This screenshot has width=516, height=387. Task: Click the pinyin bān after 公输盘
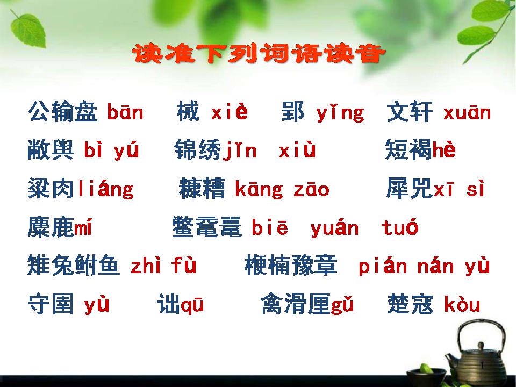click(x=125, y=113)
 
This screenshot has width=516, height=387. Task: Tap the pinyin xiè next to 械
click(x=230, y=112)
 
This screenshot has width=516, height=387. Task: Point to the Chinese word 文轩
click(x=410, y=113)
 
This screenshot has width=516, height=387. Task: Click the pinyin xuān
click(x=467, y=113)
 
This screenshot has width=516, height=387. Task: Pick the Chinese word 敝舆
click(x=51, y=151)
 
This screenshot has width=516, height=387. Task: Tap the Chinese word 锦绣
click(x=197, y=151)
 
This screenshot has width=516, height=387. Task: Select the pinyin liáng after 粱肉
click(x=105, y=189)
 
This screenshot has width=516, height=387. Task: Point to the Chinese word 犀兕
click(x=409, y=189)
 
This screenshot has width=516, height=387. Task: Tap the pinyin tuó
click(x=400, y=228)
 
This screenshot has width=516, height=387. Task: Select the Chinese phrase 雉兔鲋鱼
click(x=74, y=266)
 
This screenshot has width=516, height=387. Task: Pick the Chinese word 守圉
click(x=51, y=305)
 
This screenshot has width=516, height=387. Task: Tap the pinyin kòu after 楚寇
click(x=462, y=305)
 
